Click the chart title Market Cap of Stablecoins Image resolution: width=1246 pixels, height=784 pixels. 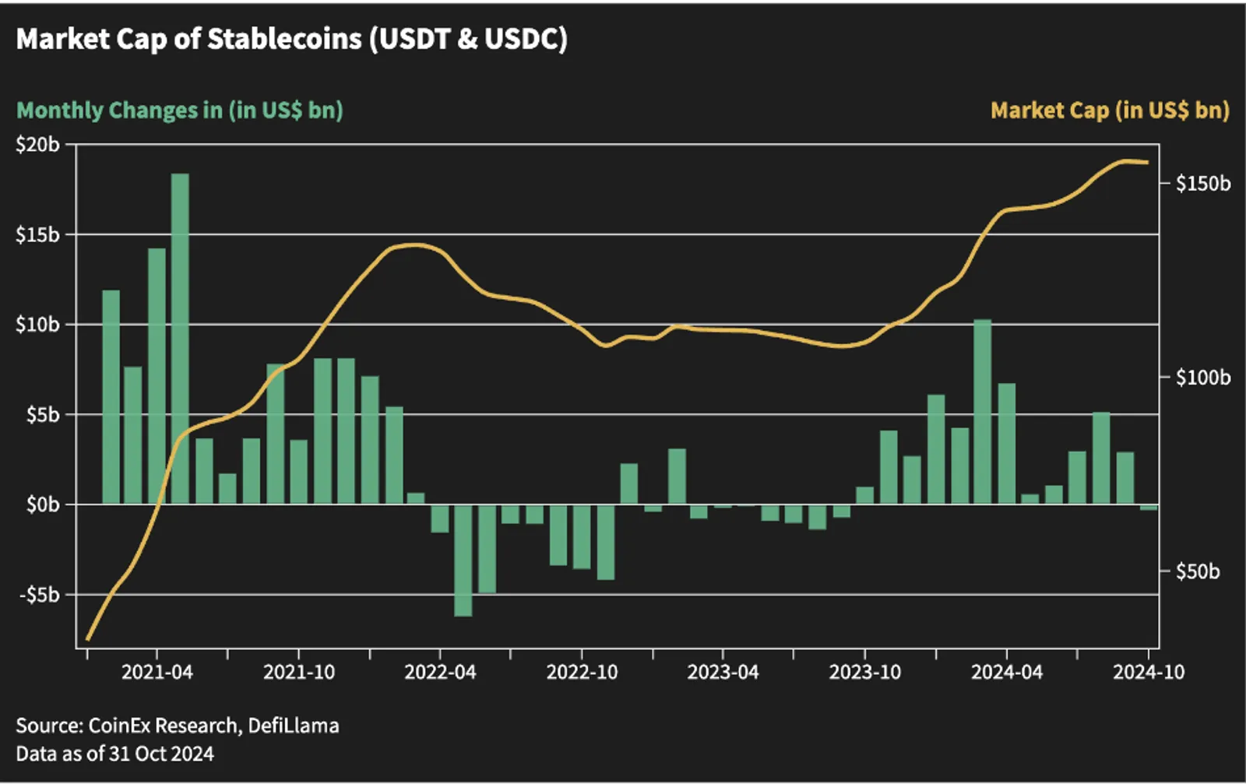(x=291, y=40)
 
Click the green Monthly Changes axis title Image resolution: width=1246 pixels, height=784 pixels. (x=180, y=110)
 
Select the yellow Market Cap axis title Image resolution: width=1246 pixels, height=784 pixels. (x=1110, y=110)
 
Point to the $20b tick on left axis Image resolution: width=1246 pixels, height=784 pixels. (x=37, y=145)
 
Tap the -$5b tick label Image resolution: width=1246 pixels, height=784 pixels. (x=39, y=595)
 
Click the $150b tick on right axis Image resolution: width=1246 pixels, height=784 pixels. (x=1203, y=184)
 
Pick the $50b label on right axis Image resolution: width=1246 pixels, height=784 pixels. (x=1198, y=571)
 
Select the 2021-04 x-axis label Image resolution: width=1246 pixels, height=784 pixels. (x=157, y=672)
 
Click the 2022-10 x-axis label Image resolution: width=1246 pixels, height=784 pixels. (x=582, y=672)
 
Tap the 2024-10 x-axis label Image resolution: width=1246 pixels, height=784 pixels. (x=1149, y=672)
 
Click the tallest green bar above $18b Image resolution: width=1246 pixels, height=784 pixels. (x=180, y=339)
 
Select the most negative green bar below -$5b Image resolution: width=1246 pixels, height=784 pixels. (x=463, y=560)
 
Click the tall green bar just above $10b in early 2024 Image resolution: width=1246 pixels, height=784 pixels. (x=983, y=411)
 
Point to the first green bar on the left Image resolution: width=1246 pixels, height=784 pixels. (x=111, y=397)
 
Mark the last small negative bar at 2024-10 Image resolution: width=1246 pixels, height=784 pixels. (x=1148, y=507)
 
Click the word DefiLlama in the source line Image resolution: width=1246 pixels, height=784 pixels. (x=293, y=726)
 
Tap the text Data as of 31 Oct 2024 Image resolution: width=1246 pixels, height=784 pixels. (x=114, y=754)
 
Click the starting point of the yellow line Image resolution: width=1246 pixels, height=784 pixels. (x=87, y=639)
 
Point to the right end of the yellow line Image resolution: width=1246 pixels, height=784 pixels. (x=1148, y=163)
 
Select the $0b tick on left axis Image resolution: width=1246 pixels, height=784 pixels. (x=43, y=505)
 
